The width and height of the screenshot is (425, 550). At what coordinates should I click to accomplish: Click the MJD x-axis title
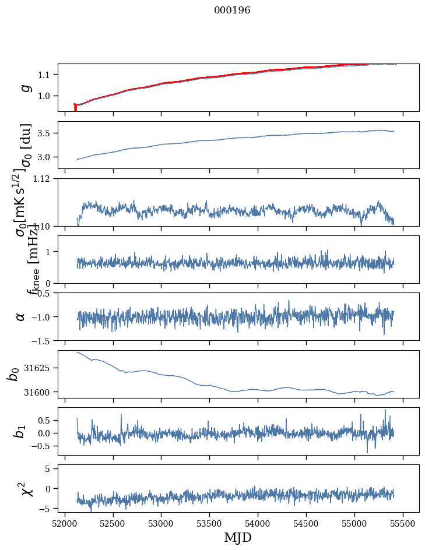click(x=238, y=537)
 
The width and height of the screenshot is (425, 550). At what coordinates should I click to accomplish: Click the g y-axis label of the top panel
click(x=24, y=87)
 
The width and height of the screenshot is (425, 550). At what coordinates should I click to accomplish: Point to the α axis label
click(x=20, y=316)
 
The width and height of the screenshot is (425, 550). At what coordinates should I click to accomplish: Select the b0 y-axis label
click(x=13, y=374)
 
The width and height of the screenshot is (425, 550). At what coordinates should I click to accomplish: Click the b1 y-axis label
click(x=20, y=431)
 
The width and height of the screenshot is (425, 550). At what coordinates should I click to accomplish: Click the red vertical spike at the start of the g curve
click(x=75, y=108)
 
